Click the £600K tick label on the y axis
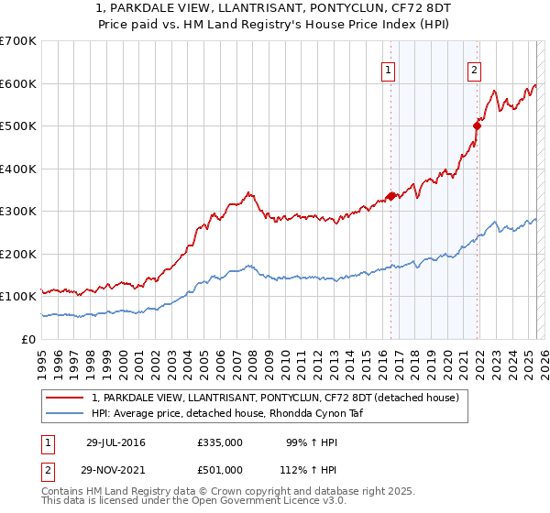17,83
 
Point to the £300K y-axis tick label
17,212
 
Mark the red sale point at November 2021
478,126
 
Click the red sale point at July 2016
391,196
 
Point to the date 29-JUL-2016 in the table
115,442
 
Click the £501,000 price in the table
219,470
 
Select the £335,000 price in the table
219,442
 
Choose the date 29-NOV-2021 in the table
115,470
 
